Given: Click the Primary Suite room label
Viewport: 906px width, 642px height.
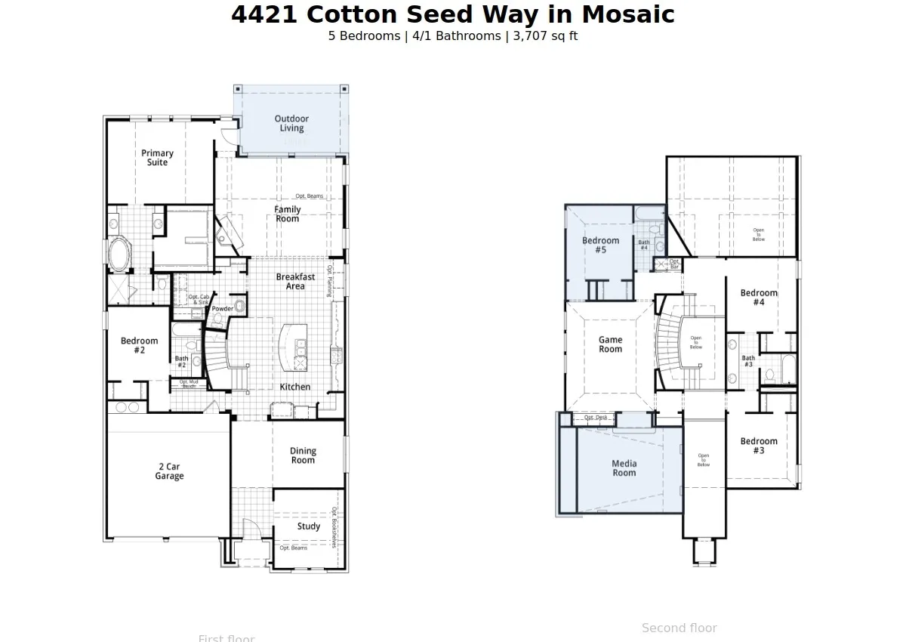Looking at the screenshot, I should pyautogui.click(x=157, y=158).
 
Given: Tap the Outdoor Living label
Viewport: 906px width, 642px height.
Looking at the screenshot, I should pyautogui.click(x=291, y=123).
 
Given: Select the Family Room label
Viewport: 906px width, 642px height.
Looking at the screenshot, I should pyautogui.click(x=287, y=214).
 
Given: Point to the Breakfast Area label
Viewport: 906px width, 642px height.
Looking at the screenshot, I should pyautogui.click(x=295, y=282).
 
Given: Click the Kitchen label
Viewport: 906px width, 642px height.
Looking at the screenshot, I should pyautogui.click(x=295, y=387).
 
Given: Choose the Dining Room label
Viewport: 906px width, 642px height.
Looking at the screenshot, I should pyautogui.click(x=303, y=455).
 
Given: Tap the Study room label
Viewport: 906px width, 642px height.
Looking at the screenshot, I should pyautogui.click(x=308, y=526).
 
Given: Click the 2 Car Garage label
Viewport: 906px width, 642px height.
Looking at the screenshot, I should pyautogui.click(x=169, y=471).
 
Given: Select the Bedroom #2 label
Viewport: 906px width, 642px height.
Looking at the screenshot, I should pyautogui.click(x=140, y=346).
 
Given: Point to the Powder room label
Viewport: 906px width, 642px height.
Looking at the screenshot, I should pyautogui.click(x=222, y=309).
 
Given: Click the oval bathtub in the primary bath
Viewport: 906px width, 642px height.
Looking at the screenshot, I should pyautogui.click(x=119, y=255).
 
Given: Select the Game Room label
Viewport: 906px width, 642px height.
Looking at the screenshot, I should pyautogui.click(x=610, y=344).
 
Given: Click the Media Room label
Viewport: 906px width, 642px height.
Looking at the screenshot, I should pyautogui.click(x=624, y=468).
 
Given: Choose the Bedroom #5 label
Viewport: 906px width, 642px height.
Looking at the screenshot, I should pyautogui.click(x=600, y=245).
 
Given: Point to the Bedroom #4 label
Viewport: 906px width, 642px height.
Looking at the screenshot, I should pyautogui.click(x=758, y=298).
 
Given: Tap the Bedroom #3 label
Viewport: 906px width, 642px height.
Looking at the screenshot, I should pyautogui.click(x=758, y=446).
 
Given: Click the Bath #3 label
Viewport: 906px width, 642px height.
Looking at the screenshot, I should pyautogui.click(x=747, y=362).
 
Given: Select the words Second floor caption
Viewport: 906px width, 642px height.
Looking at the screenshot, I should pyautogui.click(x=679, y=628).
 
